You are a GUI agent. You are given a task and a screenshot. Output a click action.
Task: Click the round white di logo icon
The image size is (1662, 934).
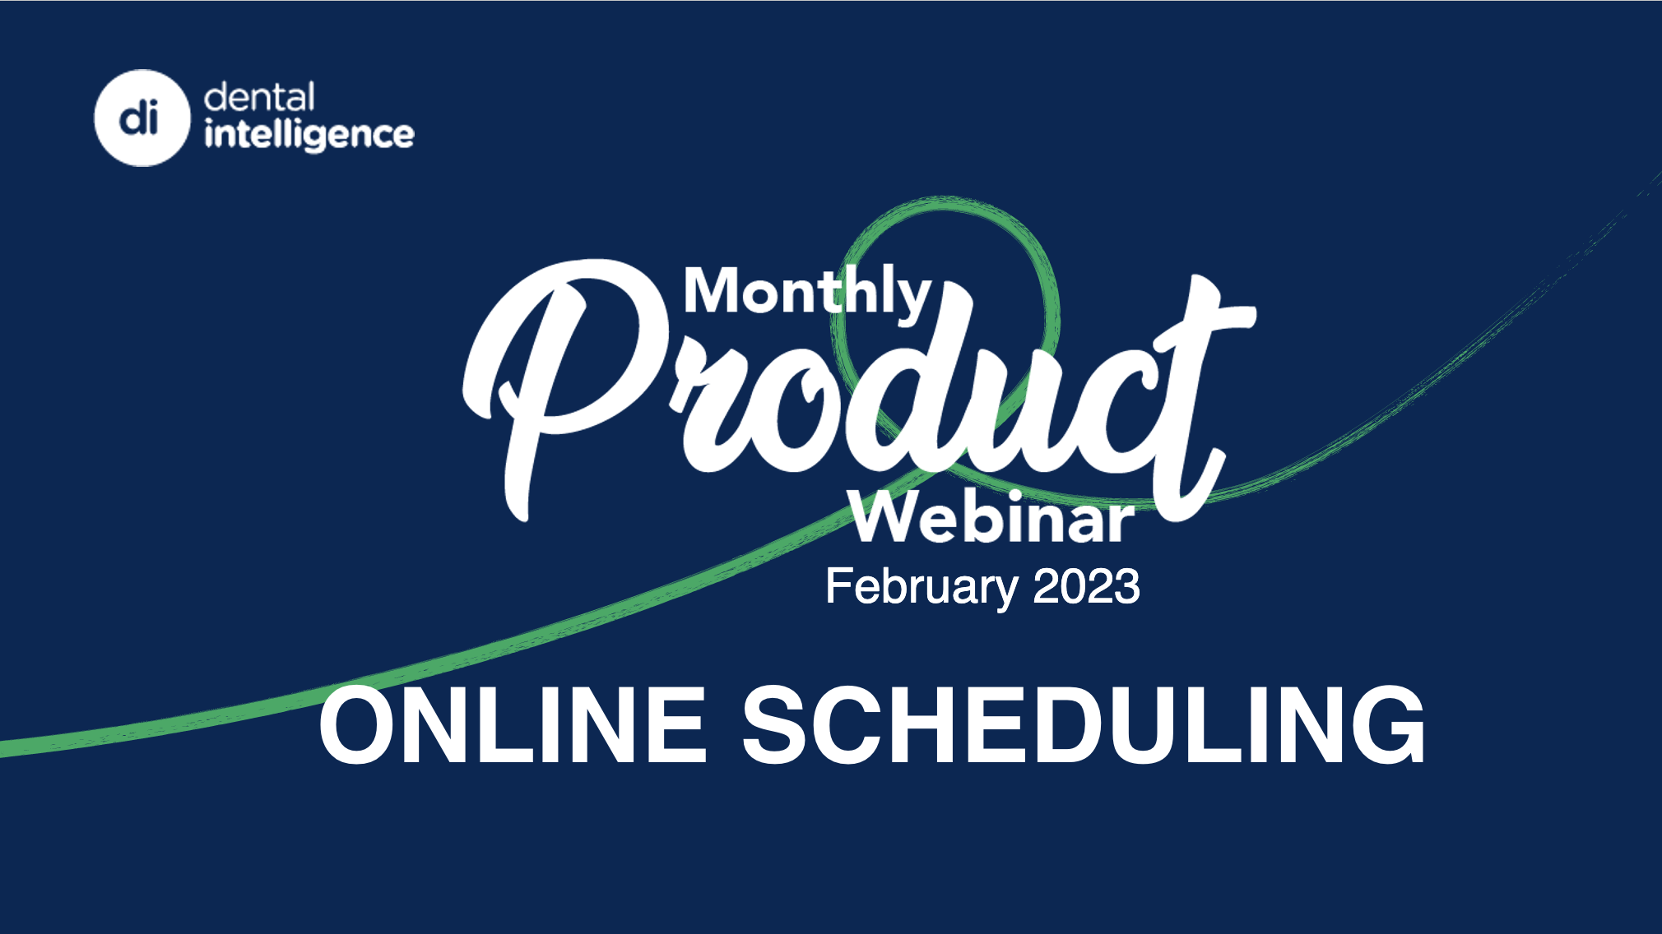142,118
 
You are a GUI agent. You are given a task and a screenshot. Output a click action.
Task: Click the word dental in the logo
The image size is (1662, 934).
259,97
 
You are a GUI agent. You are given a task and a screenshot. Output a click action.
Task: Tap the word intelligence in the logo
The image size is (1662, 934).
309,134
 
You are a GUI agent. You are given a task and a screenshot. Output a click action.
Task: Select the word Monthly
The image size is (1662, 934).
807,294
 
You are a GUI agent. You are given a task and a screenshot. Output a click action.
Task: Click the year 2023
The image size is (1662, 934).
1086,586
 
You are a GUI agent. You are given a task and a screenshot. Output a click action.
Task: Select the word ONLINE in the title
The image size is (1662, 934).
513,725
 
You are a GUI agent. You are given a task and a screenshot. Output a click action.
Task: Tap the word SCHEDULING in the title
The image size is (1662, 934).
1084,725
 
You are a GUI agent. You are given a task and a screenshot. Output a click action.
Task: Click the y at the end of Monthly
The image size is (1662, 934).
913,301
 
